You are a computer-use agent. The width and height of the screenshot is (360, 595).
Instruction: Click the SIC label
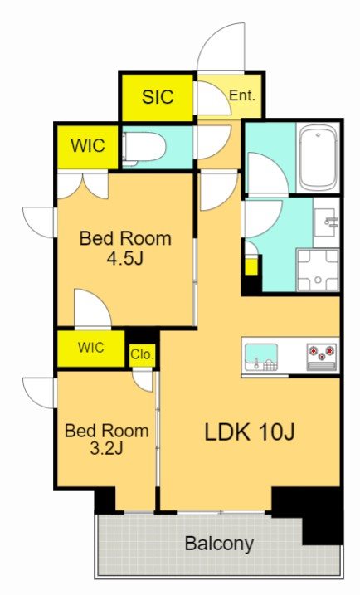pos(158,97)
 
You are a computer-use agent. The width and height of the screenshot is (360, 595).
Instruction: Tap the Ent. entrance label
pos(242,95)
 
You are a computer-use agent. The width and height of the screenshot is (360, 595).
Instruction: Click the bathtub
pos(319,159)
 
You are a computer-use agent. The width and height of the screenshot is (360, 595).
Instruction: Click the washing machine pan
pos(318,271)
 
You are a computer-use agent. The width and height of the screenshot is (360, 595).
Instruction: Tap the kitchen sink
pos(261,357)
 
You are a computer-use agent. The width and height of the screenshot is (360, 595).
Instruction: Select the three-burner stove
pos(321,357)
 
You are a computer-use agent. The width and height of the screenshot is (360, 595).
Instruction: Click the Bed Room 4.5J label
pos(125,248)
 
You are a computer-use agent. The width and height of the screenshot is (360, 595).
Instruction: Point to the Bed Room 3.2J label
pos(107,440)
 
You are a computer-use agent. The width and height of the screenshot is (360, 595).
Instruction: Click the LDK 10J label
pos(250,432)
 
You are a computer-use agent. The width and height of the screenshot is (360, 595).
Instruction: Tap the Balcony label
pos(219,544)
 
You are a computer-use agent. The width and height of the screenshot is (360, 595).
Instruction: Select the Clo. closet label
pos(142,354)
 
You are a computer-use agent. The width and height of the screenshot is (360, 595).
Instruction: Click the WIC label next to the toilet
pos(88,145)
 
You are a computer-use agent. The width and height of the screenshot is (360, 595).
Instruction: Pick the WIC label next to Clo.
pos(90,347)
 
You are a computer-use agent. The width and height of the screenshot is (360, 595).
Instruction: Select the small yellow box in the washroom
pos(251,266)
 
